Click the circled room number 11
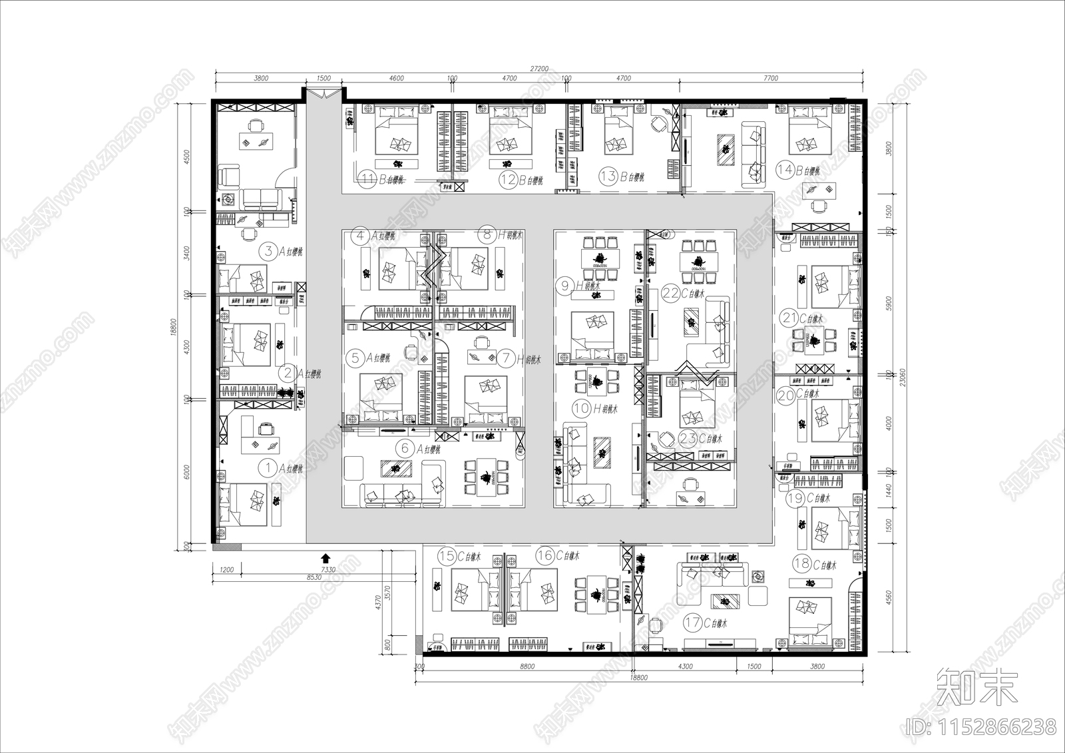click(x=367, y=178)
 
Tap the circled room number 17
click(x=693, y=623)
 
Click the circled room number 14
click(x=786, y=170)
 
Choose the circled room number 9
click(x=566, y=286)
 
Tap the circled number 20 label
click(x=786, y=394)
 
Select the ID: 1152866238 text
click(x=979, y=725)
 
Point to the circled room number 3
click(x=268, y=251)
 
